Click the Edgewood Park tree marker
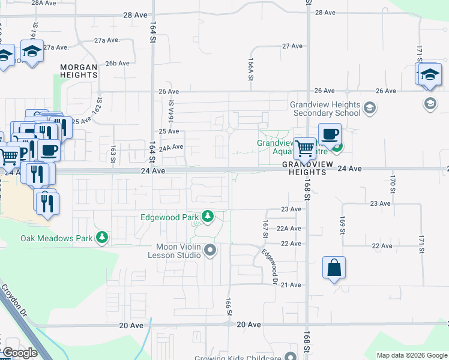208,216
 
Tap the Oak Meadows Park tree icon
103,238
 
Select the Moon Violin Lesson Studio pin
209,250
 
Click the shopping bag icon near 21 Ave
334,268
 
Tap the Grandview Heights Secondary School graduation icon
370,108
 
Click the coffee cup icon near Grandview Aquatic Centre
329,134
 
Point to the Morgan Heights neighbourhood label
79,71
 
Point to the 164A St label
171,111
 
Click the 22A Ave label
289,229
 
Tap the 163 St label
112,154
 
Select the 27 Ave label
292,46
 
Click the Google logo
19,353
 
